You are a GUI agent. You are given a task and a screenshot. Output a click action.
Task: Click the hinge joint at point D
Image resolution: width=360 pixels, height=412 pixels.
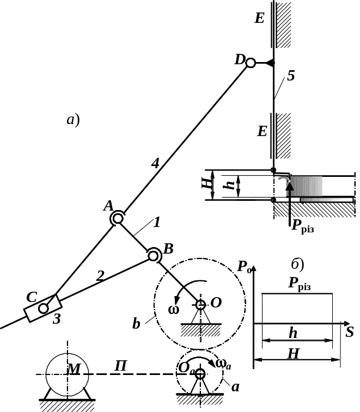tap(251, 63)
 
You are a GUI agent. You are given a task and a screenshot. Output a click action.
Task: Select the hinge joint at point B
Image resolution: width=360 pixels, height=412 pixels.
tap(154, 254)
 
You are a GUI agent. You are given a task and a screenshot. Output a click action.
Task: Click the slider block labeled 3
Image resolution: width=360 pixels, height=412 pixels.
tap(42, 309)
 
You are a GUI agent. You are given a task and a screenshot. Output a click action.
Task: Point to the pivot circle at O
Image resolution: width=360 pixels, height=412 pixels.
tap(200, 304)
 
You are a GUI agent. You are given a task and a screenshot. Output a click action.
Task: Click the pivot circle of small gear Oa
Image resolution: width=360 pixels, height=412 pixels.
tap(200, 373)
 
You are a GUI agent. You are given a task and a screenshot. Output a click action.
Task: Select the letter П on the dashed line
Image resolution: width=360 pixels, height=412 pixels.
tap(121, 366)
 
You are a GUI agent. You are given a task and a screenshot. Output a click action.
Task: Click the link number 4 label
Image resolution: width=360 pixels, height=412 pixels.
tap(155, 162)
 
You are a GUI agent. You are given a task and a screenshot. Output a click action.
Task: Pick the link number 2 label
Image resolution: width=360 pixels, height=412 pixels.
tap(99, 276)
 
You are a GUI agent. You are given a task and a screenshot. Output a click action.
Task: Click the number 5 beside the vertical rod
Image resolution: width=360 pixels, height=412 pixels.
tap(291, 76)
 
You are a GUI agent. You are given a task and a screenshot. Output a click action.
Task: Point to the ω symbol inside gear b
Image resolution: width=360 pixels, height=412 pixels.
tap(174, 310)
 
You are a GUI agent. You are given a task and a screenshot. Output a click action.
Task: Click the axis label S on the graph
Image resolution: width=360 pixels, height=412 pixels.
tap(350, 331)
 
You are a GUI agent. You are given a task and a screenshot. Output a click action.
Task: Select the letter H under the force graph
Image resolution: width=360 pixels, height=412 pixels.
tap(293, 354)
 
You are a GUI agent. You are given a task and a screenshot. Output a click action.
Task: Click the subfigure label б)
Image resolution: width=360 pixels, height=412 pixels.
tap(298, 265)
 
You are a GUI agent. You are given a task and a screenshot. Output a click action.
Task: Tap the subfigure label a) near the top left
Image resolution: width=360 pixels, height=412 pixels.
tap(74, 120)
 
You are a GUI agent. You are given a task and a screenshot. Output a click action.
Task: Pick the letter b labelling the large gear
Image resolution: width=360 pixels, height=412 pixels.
tap(136, 324)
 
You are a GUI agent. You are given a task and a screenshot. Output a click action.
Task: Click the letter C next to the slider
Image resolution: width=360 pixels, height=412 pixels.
tap(32, 297)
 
